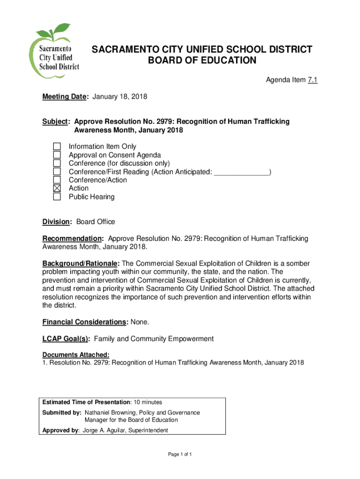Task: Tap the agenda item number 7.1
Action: click(312, 81)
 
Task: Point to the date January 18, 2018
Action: click(120, 97)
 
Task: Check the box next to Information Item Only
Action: click(57, 147)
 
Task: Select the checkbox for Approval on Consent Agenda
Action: click(57, 155)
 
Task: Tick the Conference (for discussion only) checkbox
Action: click(57, 163)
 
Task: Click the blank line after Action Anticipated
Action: click(242, 172)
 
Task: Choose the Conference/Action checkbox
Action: click(57, 180)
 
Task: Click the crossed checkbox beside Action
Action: click(57, 189)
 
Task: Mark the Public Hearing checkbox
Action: click(57, 197)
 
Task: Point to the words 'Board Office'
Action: click(95, 222)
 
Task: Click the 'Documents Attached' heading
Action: click(76, 354)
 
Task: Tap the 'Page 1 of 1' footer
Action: click(180, 455)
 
